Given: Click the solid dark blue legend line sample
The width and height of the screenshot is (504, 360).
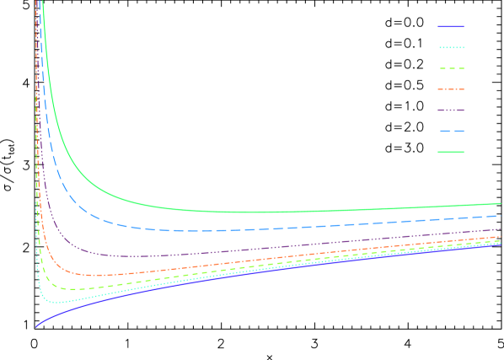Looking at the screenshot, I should pyautogui.click(x=451, y=27).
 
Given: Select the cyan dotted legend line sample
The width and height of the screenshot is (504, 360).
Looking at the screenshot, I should pyautogui.click(x=451, y=48).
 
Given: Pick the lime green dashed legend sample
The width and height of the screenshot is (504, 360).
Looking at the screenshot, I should pyautogui.click(x=451, y=69).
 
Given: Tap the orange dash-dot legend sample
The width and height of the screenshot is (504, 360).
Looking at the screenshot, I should pyautogui.click(x=451, y=89).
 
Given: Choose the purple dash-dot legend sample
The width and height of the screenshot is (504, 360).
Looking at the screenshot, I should pyautogui.click(x=451, y=110).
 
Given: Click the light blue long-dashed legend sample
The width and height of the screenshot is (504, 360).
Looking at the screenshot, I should pyautogui.click(x=451, y=132).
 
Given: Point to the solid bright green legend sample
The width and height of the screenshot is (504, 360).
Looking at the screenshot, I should pyautogui.click(x=451, y=152).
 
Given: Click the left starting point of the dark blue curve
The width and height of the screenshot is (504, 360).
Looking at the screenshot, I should pyautogui.click(x=36, y=326).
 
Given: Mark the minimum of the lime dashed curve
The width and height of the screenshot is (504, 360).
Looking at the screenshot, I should pyautogui.click(x=74, y=288).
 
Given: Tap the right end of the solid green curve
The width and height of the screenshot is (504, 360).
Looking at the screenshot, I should pyautogui.click(x=500, y=203).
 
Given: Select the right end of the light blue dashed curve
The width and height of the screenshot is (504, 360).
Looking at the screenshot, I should pyautogui.click(x=500, y=216).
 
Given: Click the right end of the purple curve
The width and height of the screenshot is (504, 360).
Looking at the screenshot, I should pyautogui.click(x=500, y=228).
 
